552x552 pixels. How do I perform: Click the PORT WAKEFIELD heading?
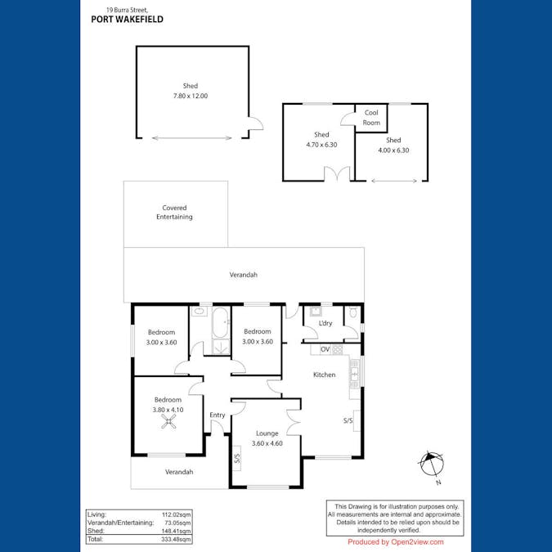pos(127,19)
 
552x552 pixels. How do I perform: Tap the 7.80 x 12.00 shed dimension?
pos(190,96)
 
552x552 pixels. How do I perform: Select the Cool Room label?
pos(371,118)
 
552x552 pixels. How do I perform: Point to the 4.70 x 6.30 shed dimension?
pos(321,145)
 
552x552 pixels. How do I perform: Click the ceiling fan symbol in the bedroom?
pos(168,422)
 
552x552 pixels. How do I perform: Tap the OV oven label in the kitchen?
pos(325,349)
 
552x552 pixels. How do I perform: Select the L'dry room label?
pos(325,324)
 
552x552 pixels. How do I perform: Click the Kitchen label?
pos(325,375)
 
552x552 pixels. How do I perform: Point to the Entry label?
pos(217,415)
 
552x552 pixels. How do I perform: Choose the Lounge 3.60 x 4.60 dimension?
pos(267,443)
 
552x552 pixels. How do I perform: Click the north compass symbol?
pos(431,464)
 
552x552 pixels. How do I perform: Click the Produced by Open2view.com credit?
pos(396,541)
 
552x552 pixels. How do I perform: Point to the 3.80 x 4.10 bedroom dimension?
pos(168,410)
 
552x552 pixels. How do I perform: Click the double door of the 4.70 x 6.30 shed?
pos(336,173)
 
